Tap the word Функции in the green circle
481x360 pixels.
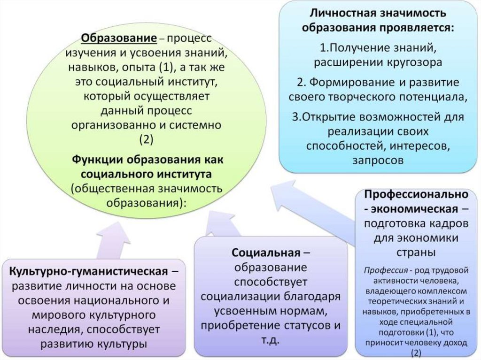click(97, 160)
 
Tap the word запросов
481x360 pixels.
click(377, 160)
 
